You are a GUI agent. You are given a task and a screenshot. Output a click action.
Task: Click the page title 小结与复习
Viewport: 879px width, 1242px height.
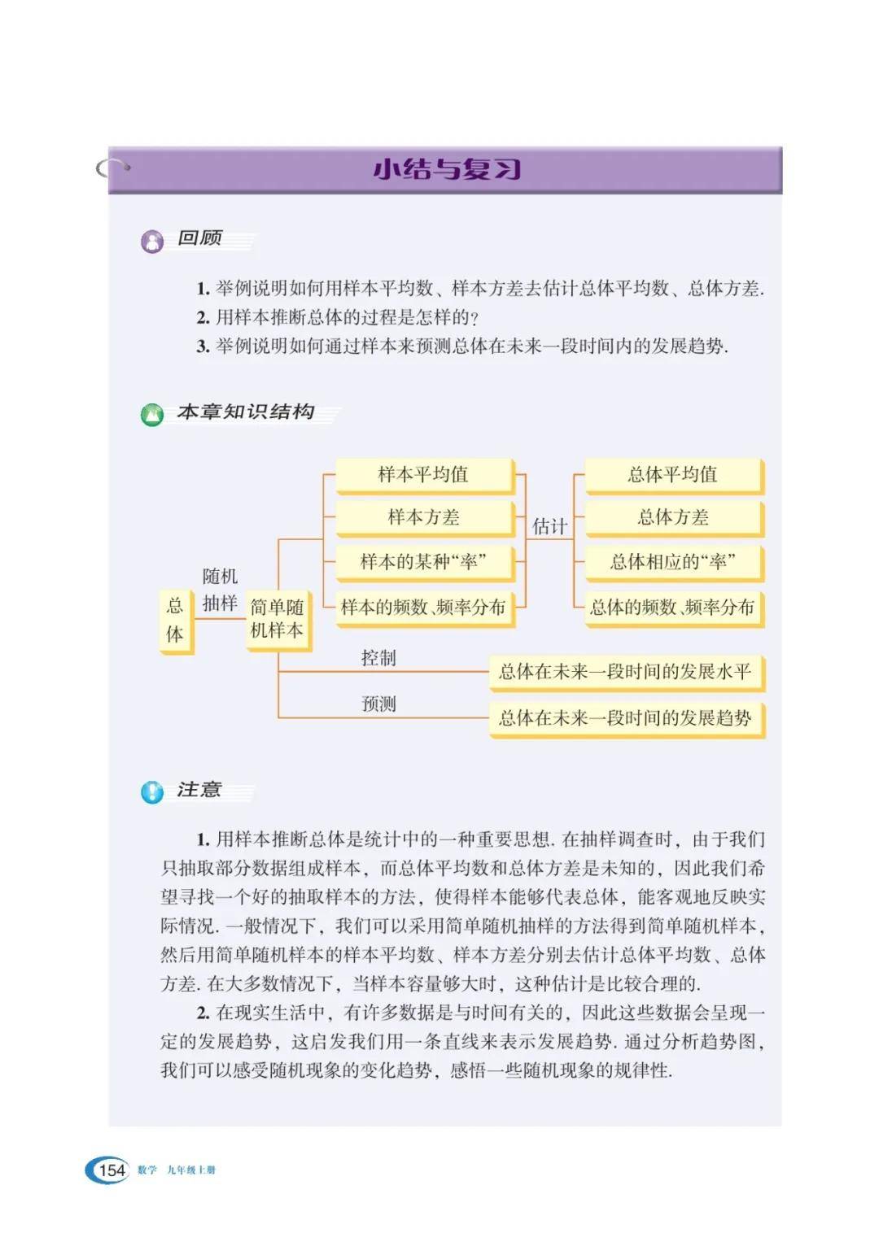(x=446, y=169)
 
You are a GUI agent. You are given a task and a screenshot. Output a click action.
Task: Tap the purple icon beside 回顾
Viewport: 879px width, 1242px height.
(x=152, y=242)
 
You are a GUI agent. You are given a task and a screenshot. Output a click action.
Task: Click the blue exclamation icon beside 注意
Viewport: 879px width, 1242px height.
(x=152, y=791)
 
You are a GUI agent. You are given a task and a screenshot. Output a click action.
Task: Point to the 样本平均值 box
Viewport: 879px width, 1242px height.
(x=424, y=475)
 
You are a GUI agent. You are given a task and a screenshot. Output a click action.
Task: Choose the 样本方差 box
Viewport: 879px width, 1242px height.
(x=424, y=517)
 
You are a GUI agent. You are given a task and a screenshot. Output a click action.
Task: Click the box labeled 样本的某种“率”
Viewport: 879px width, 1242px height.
(x=424, y=562)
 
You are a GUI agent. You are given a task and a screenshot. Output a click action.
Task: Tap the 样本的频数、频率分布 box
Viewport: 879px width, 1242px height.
(x=424, y=608)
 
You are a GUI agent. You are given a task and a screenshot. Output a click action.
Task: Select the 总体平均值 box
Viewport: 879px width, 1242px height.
(x=673, y=475)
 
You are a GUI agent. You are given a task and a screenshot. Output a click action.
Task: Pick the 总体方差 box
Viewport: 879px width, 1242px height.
(x=673, y=517)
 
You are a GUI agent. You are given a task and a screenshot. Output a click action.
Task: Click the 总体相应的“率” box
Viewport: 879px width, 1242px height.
(x=673, y=562)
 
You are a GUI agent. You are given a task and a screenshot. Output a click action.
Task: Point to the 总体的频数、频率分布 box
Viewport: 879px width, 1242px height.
(x=673, y=608)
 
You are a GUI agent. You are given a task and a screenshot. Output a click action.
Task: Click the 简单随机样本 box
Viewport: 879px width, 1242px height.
(x=278, y=619)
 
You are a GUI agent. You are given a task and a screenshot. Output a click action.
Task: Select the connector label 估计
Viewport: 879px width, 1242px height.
(x=549, y=527)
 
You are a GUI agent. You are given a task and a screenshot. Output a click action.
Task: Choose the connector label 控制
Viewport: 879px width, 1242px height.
(x=378, y=658)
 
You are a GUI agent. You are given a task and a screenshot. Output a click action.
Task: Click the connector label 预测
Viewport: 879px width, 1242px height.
(x=378, y=704)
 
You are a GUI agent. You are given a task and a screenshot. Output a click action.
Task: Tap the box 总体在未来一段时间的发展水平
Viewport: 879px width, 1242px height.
(x=625, y=672)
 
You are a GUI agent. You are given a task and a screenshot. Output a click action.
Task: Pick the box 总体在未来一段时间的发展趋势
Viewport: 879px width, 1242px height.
(x=625, y=718)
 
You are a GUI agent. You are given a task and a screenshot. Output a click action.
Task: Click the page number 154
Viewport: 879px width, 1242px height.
(x=112, y=1170)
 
